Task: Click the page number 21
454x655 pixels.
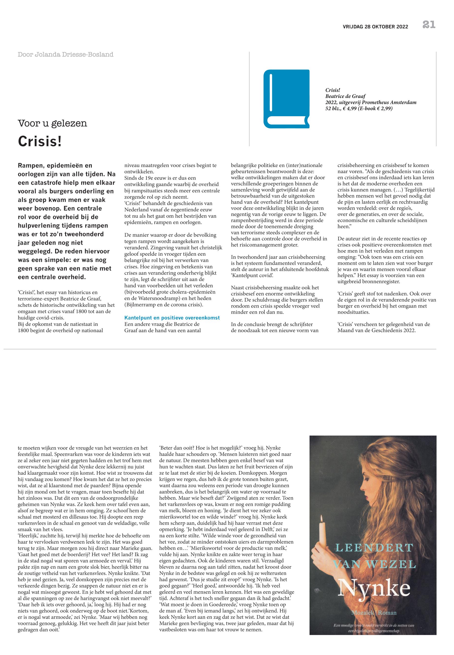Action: point(429,25)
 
